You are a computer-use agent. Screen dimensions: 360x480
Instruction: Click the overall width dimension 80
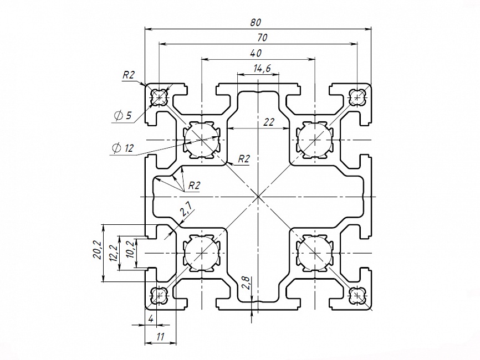(256, 23)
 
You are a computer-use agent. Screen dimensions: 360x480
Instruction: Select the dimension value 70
(263, 38)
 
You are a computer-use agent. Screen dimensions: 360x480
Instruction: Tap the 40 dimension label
(256, 53)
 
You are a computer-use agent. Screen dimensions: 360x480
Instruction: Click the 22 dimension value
(269, 122)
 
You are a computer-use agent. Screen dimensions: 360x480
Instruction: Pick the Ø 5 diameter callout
(122, 115)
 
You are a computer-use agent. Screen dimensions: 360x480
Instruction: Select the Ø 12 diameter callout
(123, 148)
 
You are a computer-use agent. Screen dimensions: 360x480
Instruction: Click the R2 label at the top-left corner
(129, 75)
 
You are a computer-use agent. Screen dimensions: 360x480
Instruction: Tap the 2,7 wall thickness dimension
(186, 209)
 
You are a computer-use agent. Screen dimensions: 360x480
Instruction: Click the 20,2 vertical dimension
(96, 251)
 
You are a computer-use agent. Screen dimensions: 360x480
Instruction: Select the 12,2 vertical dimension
(114, 253)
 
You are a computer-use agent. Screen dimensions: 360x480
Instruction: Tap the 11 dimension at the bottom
(161, 336)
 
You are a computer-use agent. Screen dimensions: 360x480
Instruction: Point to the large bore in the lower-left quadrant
(200, 252)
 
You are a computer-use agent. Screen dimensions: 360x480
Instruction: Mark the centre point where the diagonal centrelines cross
(258, 197)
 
